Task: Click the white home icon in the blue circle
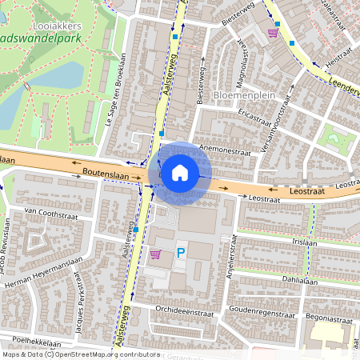(180, 172)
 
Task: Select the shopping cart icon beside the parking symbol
(155, 254)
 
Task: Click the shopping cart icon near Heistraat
(273, 33)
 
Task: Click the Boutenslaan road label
(104, 172)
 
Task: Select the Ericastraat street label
(254, 118)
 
